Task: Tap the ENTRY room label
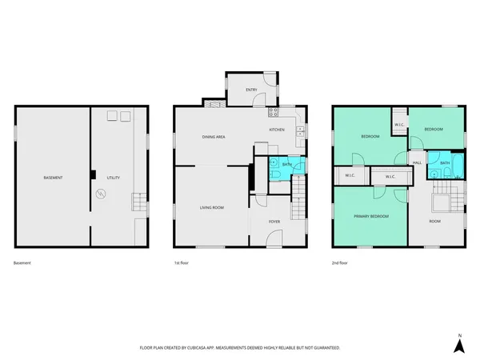pos(251,89)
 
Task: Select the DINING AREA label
pos(213,137)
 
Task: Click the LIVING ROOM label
pos(211,207)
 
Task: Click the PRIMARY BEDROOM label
pos(371,216)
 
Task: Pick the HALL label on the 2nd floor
pos(417,162)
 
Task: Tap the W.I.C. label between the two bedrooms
pos(398,125)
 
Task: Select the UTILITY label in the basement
pos(114,177)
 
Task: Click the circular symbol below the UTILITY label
pos(101,194)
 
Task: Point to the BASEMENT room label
pos(53,177)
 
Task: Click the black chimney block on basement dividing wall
pos(93,174)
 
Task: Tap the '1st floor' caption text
pos(182,262)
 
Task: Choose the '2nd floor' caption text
pos(340,262)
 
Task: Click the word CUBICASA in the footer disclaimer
pos(204,347)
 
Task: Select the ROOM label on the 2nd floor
pos(434,221)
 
